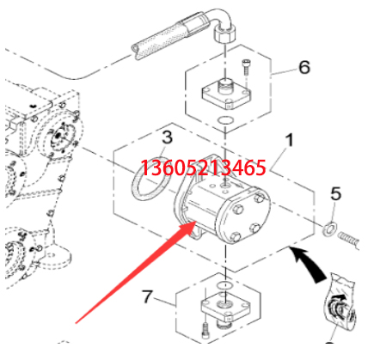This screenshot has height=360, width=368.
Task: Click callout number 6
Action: [x=304, y=67]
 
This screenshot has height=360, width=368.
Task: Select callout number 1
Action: [x=290, y=140]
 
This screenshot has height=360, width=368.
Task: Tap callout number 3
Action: [x=167, y=137]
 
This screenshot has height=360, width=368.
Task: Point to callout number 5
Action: [x=336, y=193]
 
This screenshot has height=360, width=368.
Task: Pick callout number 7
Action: [x=148, y=296]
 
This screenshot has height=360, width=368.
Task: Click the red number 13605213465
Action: [x=203, y=168]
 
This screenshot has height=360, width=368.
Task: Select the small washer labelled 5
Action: [x=329, y=229]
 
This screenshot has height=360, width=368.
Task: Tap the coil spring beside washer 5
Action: [x=348, y=240]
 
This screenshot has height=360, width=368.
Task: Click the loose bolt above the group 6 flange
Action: [x=246, y=66]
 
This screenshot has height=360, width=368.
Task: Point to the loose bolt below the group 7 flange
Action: [x=205, y=330]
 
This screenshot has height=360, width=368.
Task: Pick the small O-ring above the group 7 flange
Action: [x=224, y=285]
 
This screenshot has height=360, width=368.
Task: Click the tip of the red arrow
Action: [x=196, y=222]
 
